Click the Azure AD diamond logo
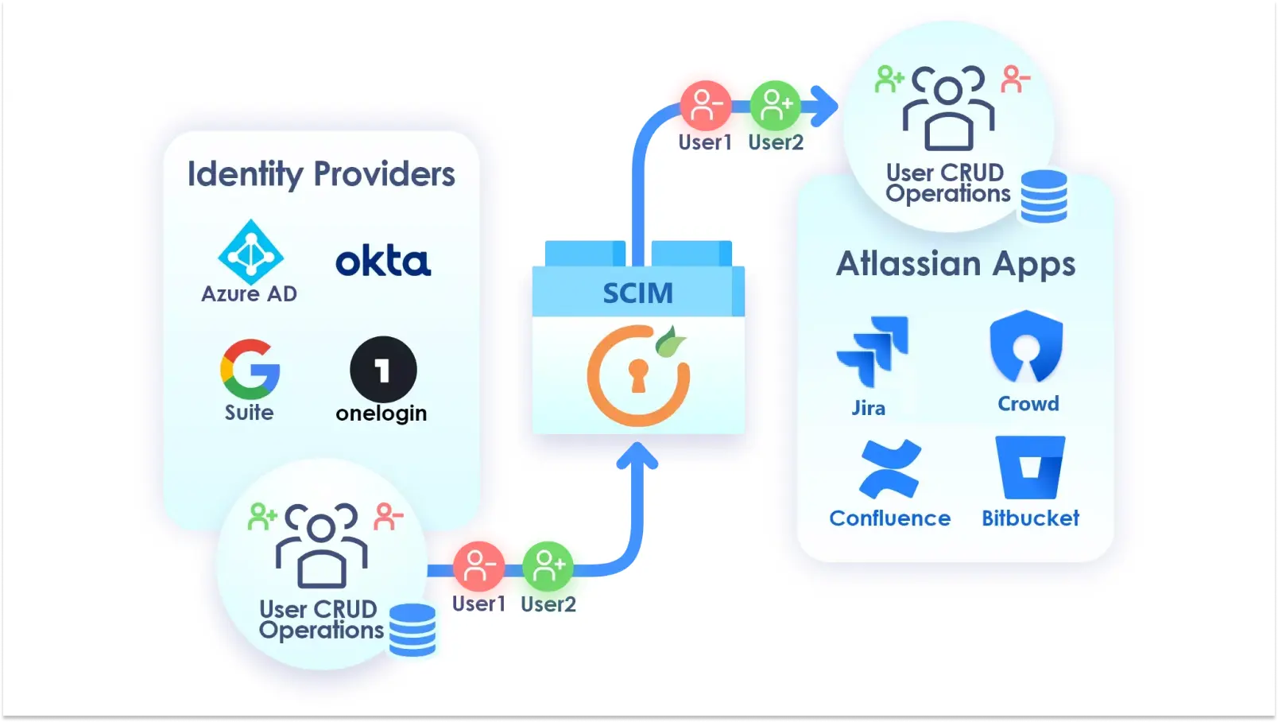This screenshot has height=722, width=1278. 250,253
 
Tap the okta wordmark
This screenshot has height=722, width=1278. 383,262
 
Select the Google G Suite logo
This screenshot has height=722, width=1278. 250,369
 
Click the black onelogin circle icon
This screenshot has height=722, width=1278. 383,369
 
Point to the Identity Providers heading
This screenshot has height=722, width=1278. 321,174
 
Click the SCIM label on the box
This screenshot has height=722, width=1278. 637,293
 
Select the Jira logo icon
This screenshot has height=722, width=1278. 873,351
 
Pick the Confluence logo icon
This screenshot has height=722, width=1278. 890,468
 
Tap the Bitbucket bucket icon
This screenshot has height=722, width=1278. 1030,467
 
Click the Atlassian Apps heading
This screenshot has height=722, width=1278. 955,264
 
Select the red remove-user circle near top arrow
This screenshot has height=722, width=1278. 705,105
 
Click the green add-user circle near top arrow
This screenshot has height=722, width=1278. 775,105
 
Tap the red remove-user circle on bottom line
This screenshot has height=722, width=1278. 478,566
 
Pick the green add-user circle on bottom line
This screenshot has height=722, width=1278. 548,566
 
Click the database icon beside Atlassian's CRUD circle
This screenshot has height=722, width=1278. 1044,196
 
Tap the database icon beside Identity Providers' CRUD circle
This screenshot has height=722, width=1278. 412,630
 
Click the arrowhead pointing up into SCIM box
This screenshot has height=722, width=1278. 637,456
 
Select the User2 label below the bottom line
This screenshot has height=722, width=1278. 548,604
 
